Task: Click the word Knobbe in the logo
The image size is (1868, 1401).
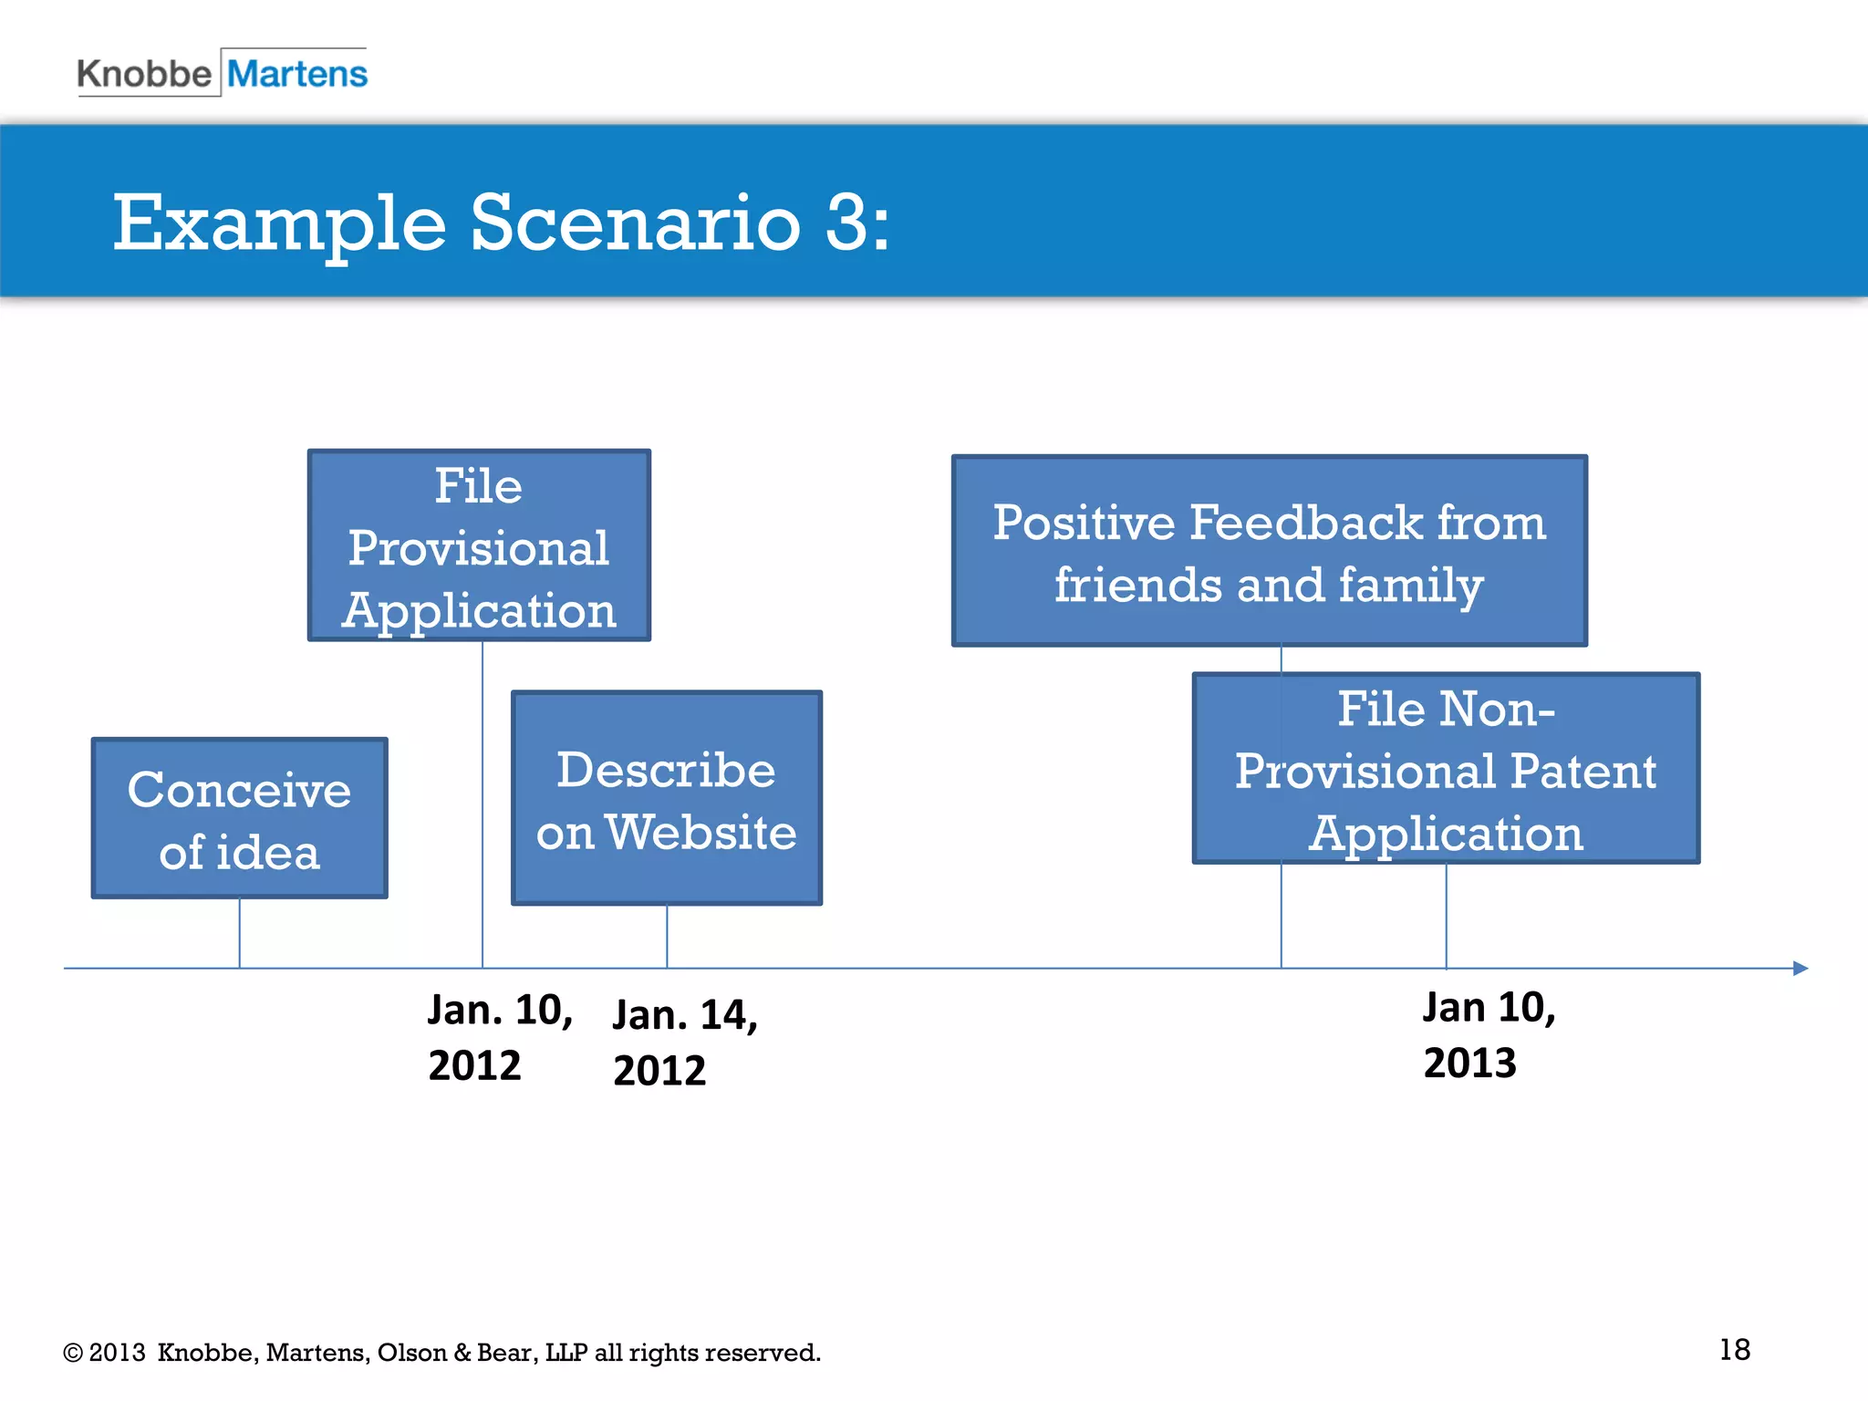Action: pos(144,74)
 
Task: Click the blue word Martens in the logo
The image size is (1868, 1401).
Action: pos(296,74)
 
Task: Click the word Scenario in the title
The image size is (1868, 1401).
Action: pos(635,223)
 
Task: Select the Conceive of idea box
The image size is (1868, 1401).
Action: pos(240,818)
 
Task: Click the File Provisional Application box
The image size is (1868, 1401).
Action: pos(479,545)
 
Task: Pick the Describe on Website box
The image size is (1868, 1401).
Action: pos(667,798)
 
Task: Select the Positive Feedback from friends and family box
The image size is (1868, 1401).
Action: pos(1269,551)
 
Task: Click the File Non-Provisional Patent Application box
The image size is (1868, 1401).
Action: pos(1446,768)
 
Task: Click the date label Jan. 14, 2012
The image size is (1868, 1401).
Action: pos(684,1042)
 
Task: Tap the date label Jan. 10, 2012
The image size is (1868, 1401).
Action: pos(499,1037)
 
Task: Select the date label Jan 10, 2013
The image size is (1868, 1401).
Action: pos(1489,1034)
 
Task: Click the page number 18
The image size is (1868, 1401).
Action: pos(1734,1349)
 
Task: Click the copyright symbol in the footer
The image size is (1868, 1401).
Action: pos(72,1353)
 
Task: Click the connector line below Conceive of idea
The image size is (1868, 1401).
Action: pos(240,932)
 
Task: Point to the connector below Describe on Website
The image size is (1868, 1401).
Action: pos(667,936)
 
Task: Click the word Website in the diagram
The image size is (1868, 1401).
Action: pos(700,832)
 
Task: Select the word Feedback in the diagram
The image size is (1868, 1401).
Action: pos(1306,523)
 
